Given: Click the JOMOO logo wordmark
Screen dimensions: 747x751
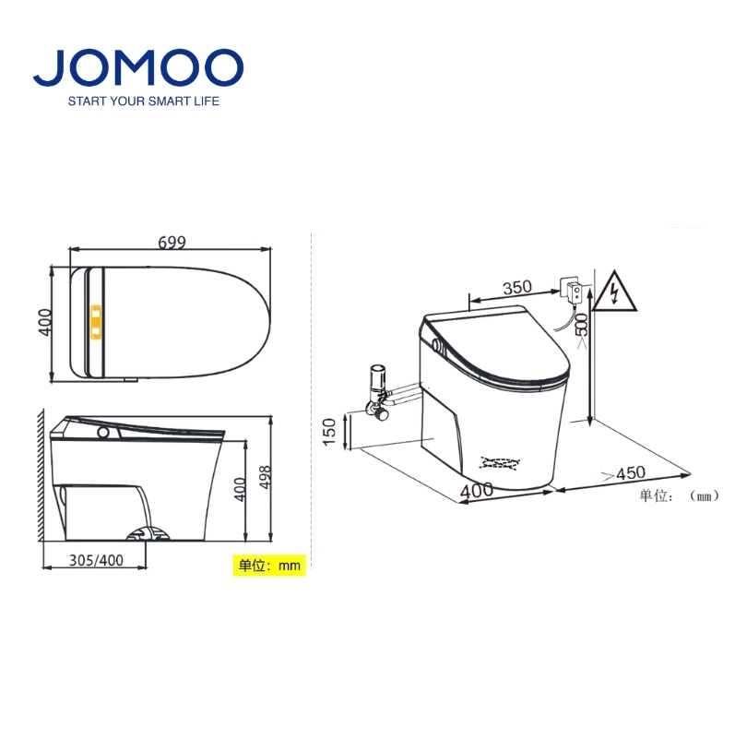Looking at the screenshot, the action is pyautogui.click(x=138, y=67).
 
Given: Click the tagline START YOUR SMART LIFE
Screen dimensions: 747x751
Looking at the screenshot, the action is pyautogui.click(x=144, y=101).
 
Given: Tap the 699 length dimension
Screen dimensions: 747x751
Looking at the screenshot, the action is pyautogui.click(x=172, y=243).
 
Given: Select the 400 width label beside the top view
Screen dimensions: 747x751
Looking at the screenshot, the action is pyautogui.click(x=44, y=322).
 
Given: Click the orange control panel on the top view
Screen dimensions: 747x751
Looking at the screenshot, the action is pyautogui.click(x=96, y=322).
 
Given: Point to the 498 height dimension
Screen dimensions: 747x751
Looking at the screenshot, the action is pyautogui.click(x=265, y=477).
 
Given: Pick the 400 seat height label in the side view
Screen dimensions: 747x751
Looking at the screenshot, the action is pyautogui.click(x=240, y=489).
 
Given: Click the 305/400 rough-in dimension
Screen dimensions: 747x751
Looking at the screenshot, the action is pyautogui.click(x=96, y=560).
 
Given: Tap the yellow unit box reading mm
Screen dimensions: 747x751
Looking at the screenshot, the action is pyautogui.click(x=269, y=566).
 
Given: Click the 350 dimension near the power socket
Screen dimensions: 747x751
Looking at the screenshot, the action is pyautogui.click(x=517, y=287).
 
